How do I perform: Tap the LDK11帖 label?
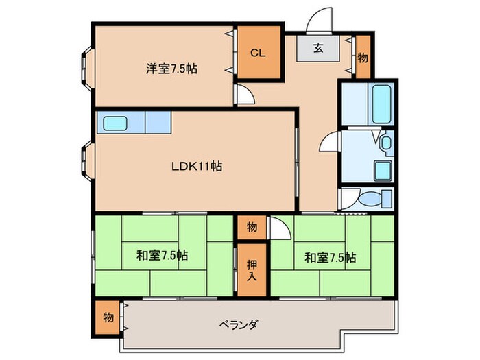click(196, 165)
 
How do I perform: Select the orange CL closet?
click(258, 52)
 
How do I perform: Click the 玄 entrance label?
click(319, 49)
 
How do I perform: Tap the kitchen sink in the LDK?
click(115, 123)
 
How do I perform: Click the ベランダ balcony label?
click(239, 324)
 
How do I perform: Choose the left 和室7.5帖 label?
click(162, 256)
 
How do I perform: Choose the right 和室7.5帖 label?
click(331, 257)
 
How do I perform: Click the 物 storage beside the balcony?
click(108, 317)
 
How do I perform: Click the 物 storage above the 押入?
click(252, 227)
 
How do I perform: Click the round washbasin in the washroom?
click(385, 144)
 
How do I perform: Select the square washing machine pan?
click(381, 170)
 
